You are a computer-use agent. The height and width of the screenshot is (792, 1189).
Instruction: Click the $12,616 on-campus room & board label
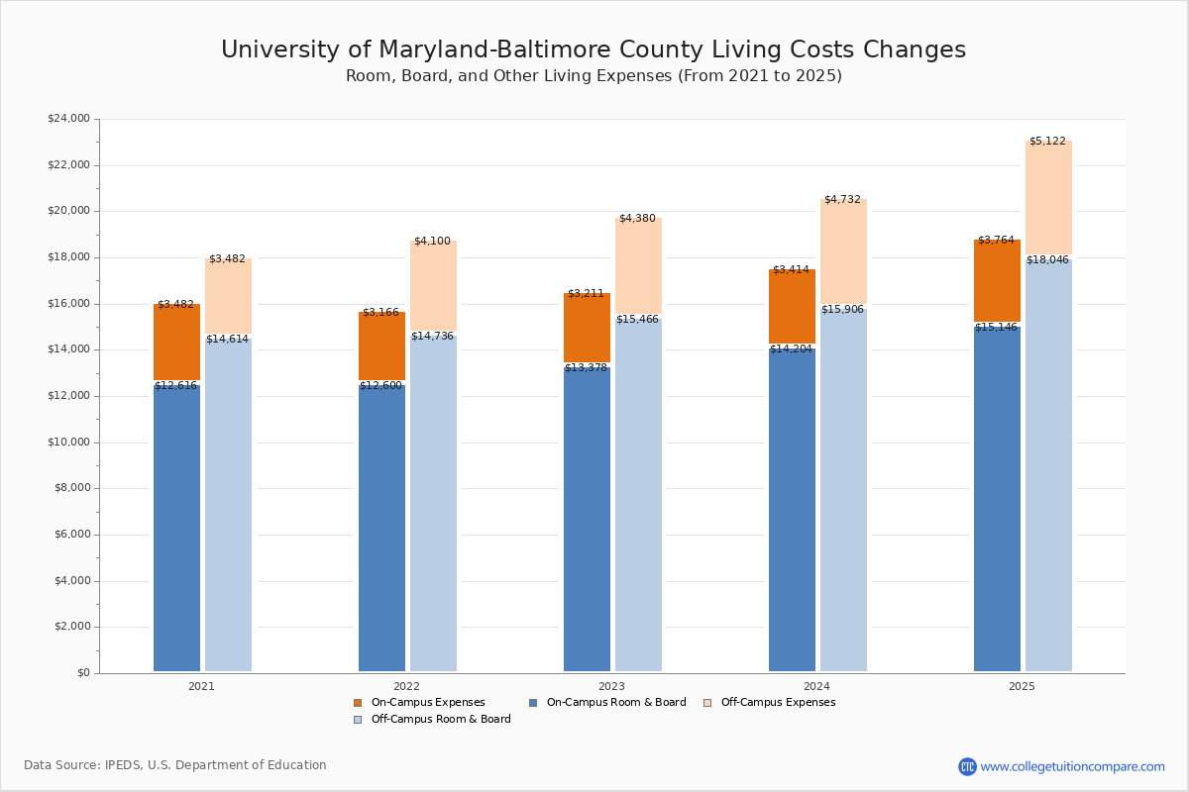(175, 385)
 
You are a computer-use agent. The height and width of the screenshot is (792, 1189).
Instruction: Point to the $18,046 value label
(1047, 259)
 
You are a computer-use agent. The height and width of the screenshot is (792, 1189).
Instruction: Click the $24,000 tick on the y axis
(68, 119)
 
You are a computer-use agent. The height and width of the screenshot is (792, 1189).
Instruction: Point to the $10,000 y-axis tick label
(68, 443)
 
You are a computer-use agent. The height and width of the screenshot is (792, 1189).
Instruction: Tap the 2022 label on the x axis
(406, 686)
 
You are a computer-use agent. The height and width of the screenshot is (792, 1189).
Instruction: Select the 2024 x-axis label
(816, 686)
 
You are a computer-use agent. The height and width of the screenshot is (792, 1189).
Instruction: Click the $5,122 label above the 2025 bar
(1047, 141)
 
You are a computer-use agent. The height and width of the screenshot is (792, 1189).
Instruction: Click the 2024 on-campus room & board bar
(792, 515)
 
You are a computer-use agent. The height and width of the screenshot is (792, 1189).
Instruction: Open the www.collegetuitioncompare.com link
(1072, 766)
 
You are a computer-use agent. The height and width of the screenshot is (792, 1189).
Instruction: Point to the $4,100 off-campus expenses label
(432, 241)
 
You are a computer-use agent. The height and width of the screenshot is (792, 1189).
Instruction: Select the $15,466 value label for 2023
(637, 319)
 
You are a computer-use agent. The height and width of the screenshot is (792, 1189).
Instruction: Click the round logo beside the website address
(967, 766)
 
